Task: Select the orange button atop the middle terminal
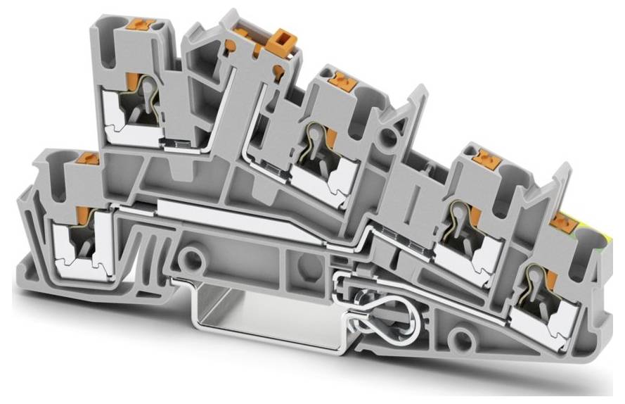click(344, 78)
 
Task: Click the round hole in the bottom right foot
click(461, 336)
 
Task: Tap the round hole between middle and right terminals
click(386, 137)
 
